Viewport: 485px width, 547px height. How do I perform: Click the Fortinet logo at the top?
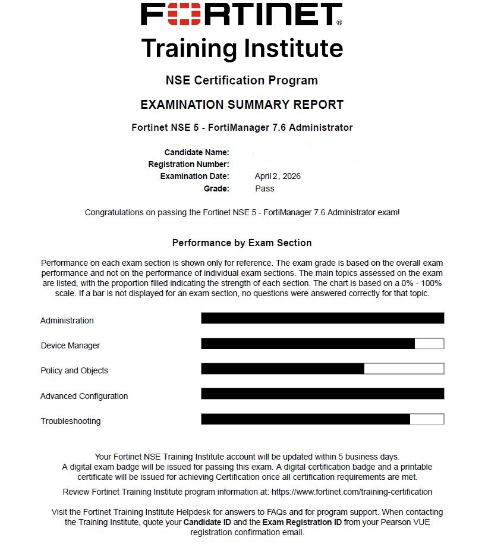241,14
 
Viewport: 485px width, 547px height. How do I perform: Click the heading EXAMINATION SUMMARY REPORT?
242,105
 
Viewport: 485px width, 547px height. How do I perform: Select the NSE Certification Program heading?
242,80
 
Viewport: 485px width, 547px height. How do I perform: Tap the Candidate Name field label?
197,152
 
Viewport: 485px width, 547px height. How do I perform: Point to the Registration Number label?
188,164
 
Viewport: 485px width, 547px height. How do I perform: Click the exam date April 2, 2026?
278,176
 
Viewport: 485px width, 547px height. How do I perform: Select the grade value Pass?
264,188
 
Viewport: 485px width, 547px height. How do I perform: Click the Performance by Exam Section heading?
242,243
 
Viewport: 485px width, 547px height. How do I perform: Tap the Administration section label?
67,320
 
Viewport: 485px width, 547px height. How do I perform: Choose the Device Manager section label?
70,345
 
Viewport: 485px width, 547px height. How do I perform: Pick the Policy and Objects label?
74,370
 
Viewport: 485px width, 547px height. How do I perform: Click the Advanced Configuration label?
84,396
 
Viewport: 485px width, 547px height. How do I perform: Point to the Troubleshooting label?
71,421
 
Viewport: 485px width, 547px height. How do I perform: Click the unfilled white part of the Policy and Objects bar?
404,369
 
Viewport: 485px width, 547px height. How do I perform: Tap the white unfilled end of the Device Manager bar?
429,344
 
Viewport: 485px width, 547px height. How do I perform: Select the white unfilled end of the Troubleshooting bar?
426,419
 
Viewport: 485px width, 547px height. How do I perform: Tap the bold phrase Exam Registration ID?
303,521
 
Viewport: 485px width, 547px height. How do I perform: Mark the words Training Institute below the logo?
242,48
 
